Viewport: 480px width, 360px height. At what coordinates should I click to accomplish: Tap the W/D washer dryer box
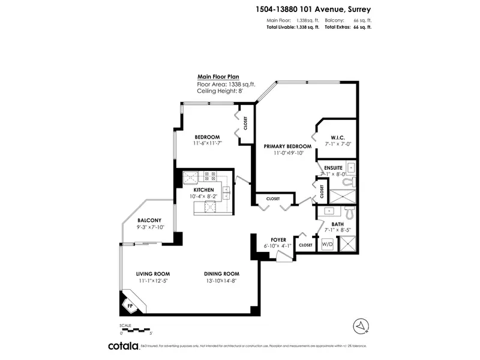(328, 245)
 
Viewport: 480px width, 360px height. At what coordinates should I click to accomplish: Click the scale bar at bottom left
(137, 329)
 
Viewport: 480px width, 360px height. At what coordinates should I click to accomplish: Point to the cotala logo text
(123, 346)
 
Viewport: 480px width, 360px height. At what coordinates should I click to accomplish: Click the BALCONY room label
(149, 220)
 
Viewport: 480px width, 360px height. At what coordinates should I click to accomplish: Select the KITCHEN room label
(203, 190)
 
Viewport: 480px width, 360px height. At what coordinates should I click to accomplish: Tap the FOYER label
(277, 238)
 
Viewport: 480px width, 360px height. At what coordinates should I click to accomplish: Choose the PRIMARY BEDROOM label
(288, 146)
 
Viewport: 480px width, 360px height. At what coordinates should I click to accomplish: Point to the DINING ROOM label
(221, 274)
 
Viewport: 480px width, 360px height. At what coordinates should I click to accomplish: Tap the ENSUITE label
(333, 167)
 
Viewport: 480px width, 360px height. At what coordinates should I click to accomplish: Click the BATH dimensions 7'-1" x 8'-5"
(333, 230)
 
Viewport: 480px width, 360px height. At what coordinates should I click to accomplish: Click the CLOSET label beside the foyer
(305, 245)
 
